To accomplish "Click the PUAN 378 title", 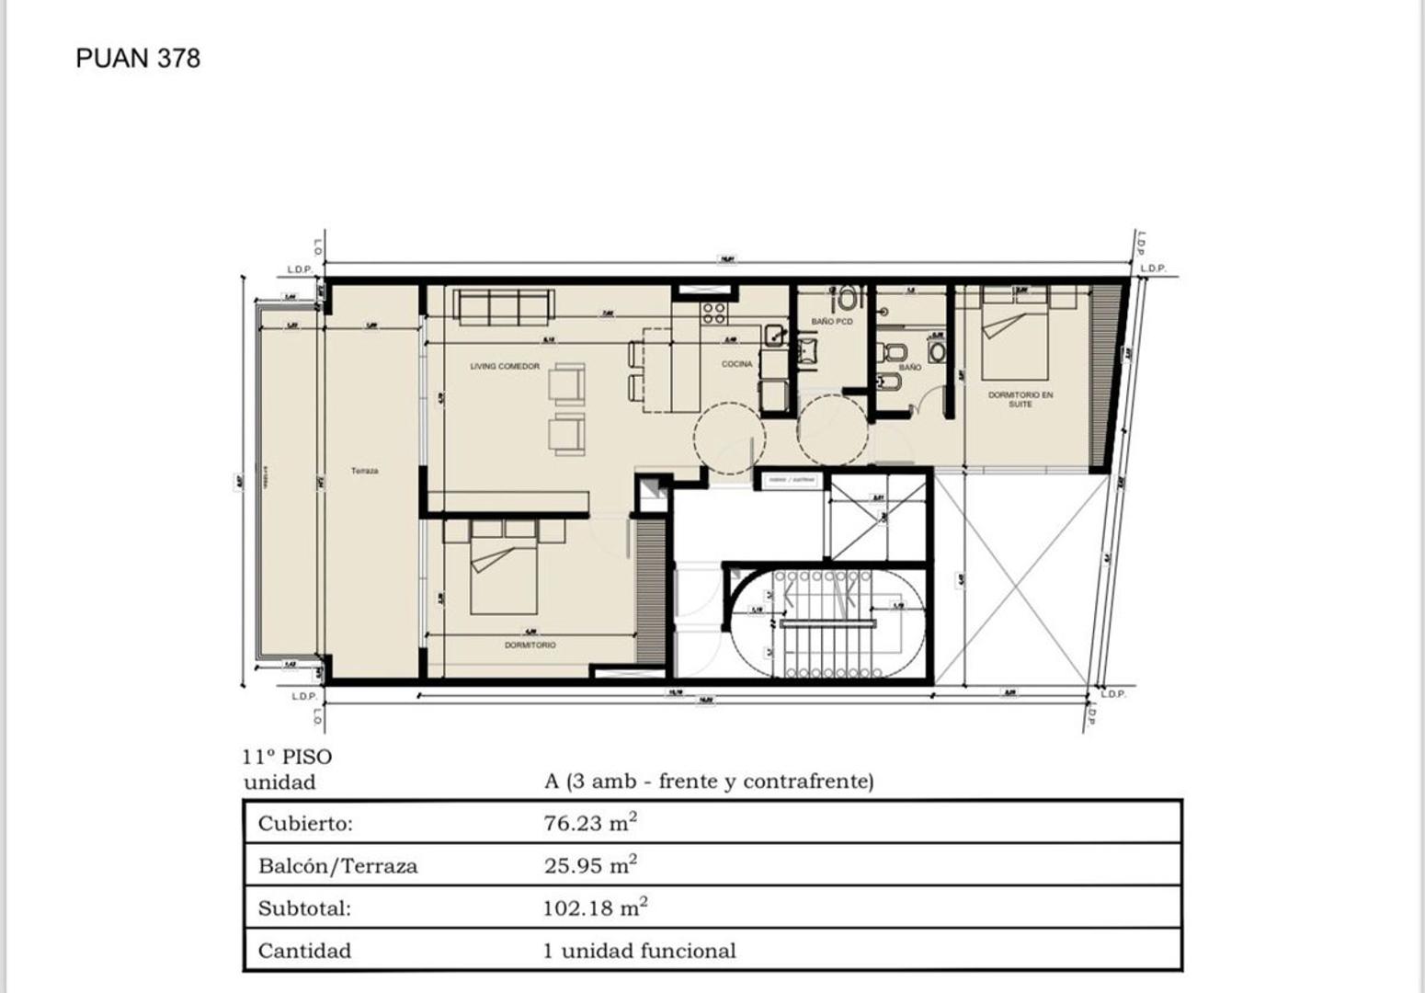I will click(x=138, y=58).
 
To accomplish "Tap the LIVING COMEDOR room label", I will click(x=505, y=366).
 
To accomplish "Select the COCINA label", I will click(x=736, y=364).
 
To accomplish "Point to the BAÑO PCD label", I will click(x=832, y=322).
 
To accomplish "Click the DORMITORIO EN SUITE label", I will click(x=1020, y=399).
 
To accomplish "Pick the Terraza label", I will click(x=364, y=471).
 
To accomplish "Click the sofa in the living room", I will click(x=504, y=307).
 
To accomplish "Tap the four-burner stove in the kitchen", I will click(x=714, y=313).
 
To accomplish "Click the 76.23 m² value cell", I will click(x=589, y=823).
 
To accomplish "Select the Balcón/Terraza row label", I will click(x=337, y=866).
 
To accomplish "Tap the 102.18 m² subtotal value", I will click(x=594, y=908).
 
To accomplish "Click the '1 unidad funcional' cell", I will click(x=639, y=951).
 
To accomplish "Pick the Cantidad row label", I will click(x=304, y=951).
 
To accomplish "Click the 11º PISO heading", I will click(x=287, y=757).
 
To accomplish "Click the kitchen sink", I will click(x=774, y=334).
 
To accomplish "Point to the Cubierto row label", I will click(x=304, y=823).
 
